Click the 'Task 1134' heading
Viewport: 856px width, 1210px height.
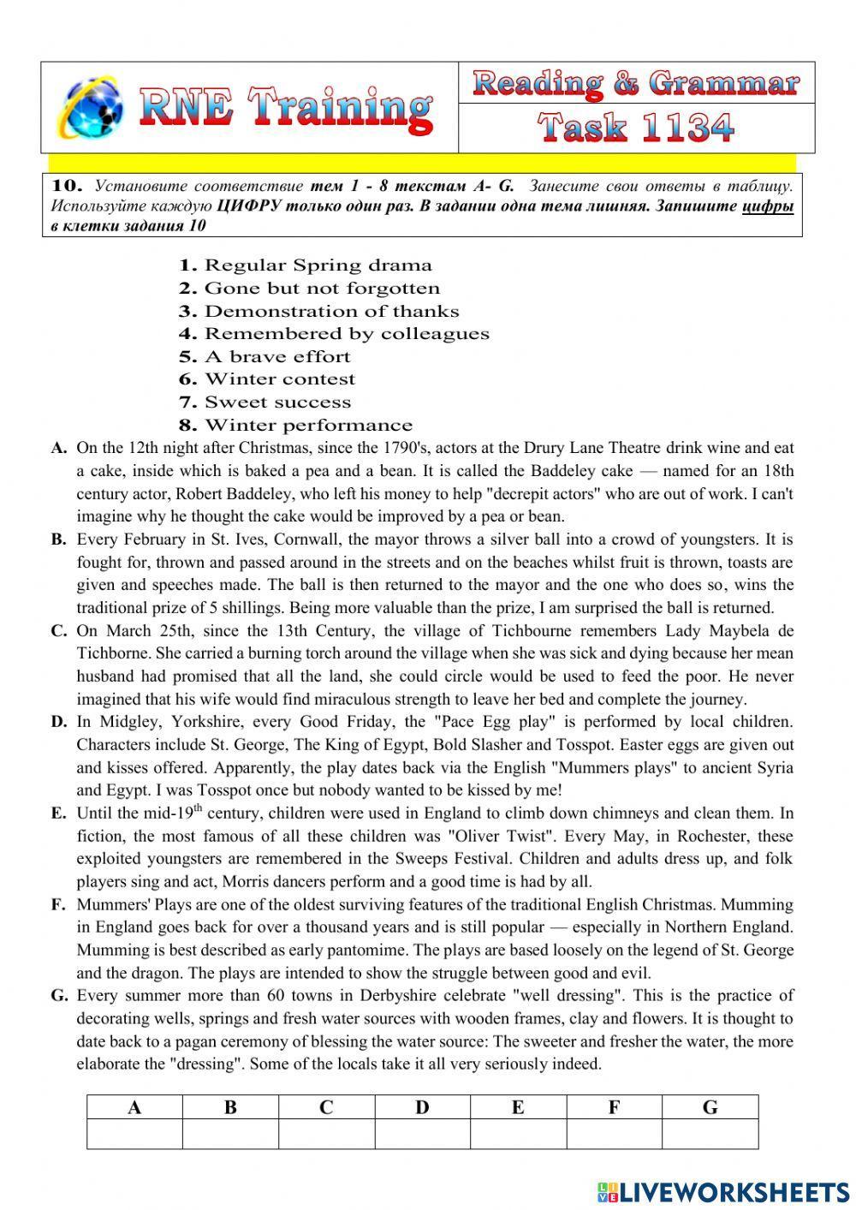pos(636,128)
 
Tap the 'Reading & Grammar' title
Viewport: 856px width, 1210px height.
pos(636,84)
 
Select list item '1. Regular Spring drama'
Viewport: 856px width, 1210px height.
pos(305,265)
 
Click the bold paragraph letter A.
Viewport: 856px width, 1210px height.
pos(58,448)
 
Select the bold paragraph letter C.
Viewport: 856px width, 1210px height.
pos(58,631)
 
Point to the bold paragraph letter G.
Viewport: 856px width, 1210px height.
pos(59,996)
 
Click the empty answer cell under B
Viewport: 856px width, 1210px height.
pos(230,1134)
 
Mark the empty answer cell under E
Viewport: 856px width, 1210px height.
pos(518,1134)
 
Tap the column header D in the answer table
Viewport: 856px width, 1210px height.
pos(422,1107)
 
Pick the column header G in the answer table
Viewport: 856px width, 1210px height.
pos(710,1107)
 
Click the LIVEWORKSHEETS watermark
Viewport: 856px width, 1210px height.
pos(723,1191)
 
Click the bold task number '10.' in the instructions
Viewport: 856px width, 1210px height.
pos(67,186)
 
